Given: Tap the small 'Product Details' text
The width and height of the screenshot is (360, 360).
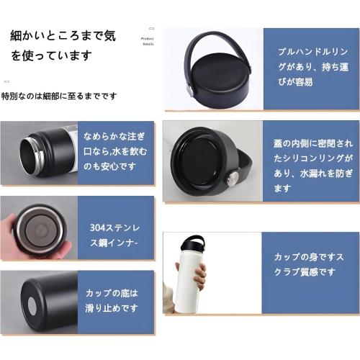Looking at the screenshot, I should coord(148,41).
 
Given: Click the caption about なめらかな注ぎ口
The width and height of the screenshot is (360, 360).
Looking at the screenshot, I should coord(115,152).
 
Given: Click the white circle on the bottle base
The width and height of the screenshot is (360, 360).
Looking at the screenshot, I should coord(32,306).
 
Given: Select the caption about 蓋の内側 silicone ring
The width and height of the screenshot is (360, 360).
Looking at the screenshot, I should coord(311,162).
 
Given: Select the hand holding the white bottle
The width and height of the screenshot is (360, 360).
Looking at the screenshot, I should coord(200,275).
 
